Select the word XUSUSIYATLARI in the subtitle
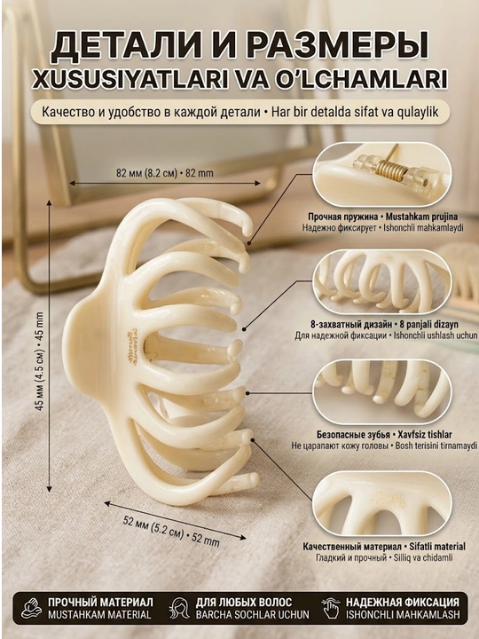point(130,80)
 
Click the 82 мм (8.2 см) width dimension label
point(146,173)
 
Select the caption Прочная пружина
point(342,217)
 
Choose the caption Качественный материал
point(352,547)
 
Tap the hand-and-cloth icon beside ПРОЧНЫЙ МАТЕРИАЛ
point(31,609)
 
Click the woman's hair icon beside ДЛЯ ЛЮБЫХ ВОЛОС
point(179,609)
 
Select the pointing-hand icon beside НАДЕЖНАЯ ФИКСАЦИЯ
point(331,609)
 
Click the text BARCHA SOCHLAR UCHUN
point(252,614)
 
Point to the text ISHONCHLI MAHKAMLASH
point(403,614)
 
